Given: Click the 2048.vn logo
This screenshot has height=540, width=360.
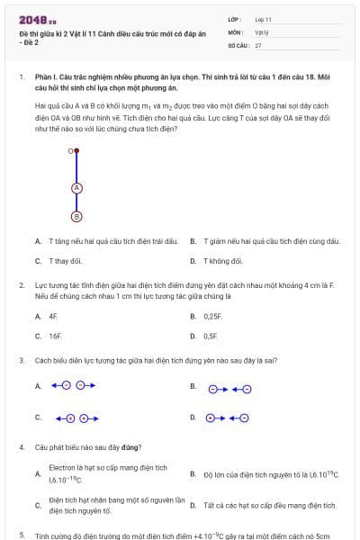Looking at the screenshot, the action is tap(38, 20).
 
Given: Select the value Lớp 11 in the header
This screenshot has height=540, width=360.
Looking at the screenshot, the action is tap(264, 19).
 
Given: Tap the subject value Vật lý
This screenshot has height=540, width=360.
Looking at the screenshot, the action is tap(262, 31).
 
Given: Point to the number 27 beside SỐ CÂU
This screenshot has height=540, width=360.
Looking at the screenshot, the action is tap(258, 44).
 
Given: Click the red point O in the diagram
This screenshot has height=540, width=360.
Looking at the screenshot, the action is tap(76, 150).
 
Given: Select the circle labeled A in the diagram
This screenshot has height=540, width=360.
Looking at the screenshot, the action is tap(76, 187).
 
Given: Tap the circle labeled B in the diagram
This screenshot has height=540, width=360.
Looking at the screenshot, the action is tap(76, 216).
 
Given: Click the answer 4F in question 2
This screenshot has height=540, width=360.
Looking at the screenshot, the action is tap(53, 317).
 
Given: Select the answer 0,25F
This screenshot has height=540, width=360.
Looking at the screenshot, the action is tap(212, 317).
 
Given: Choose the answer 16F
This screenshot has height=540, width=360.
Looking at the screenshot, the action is tap(55, 336).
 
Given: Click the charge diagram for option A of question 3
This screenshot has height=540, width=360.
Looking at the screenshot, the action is tap(73, 385).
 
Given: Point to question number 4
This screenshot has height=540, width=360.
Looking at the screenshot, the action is tap(21, 447).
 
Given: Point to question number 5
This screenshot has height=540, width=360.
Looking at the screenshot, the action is tap(21, 535).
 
